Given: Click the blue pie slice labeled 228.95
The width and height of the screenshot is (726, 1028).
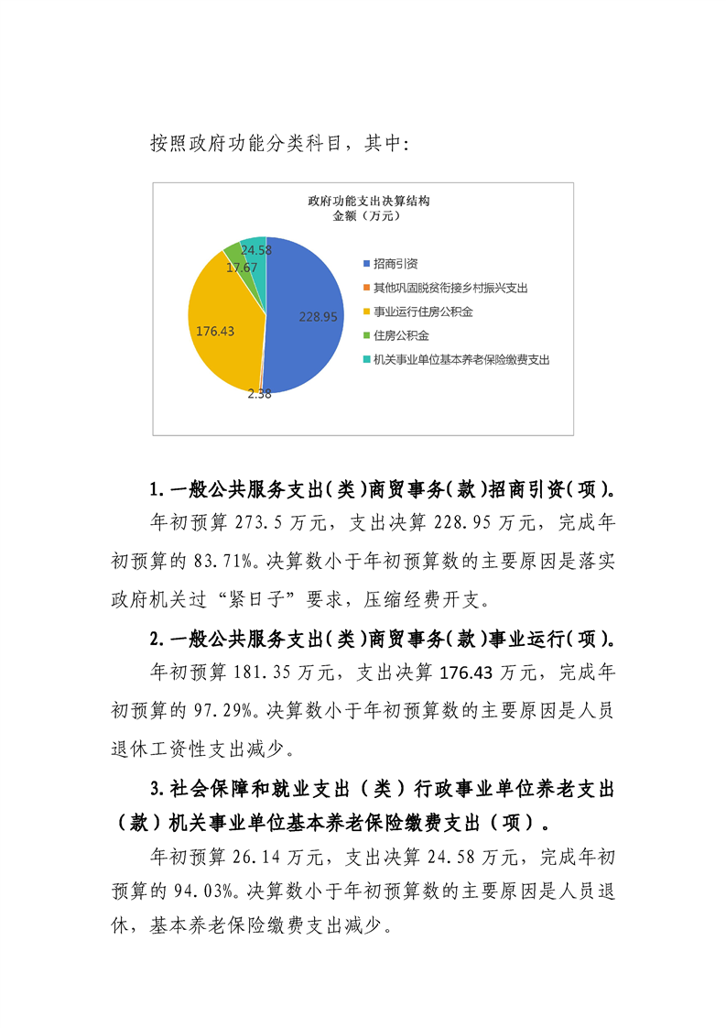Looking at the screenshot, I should pyautogui.click(x=307, y=302).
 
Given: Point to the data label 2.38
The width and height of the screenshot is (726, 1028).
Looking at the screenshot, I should pyautogui.click(x=259, y=396).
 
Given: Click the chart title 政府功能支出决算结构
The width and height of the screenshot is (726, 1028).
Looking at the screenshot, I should pyautogui.click(x=368, y=201).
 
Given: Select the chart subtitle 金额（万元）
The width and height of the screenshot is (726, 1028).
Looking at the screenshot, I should pyautogui.click(x=367, y=216).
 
